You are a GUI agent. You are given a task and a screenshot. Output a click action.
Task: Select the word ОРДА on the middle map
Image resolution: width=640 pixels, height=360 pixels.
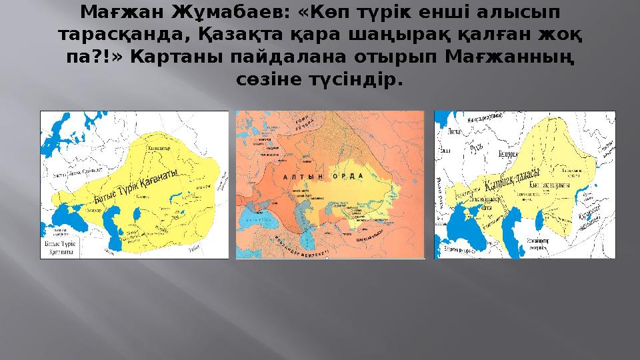357,176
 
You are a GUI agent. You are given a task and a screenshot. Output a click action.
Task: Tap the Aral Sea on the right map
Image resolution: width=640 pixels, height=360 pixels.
514,217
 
